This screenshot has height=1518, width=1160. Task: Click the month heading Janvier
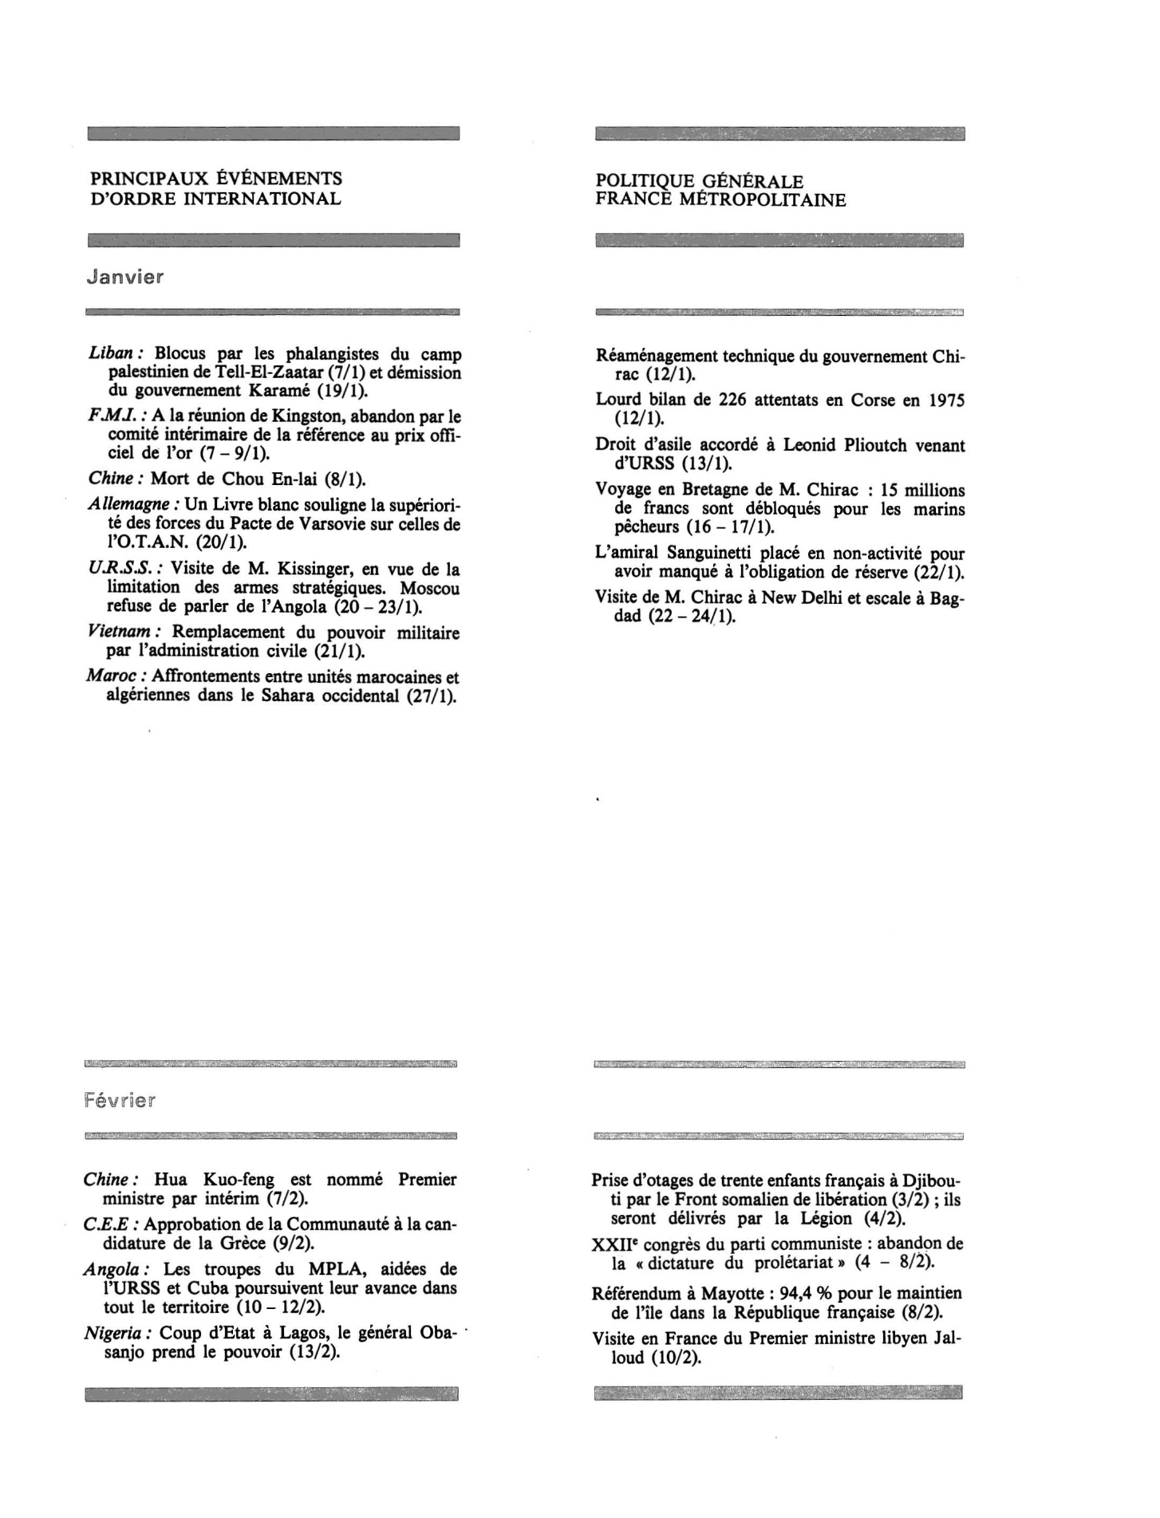125,278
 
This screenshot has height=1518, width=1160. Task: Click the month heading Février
120,1101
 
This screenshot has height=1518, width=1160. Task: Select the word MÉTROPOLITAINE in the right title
762,199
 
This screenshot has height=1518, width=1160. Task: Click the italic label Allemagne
132,505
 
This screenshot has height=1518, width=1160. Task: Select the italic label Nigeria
116,1333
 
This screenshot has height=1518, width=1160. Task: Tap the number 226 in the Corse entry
734,400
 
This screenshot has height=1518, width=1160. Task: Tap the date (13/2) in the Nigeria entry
315,1352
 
